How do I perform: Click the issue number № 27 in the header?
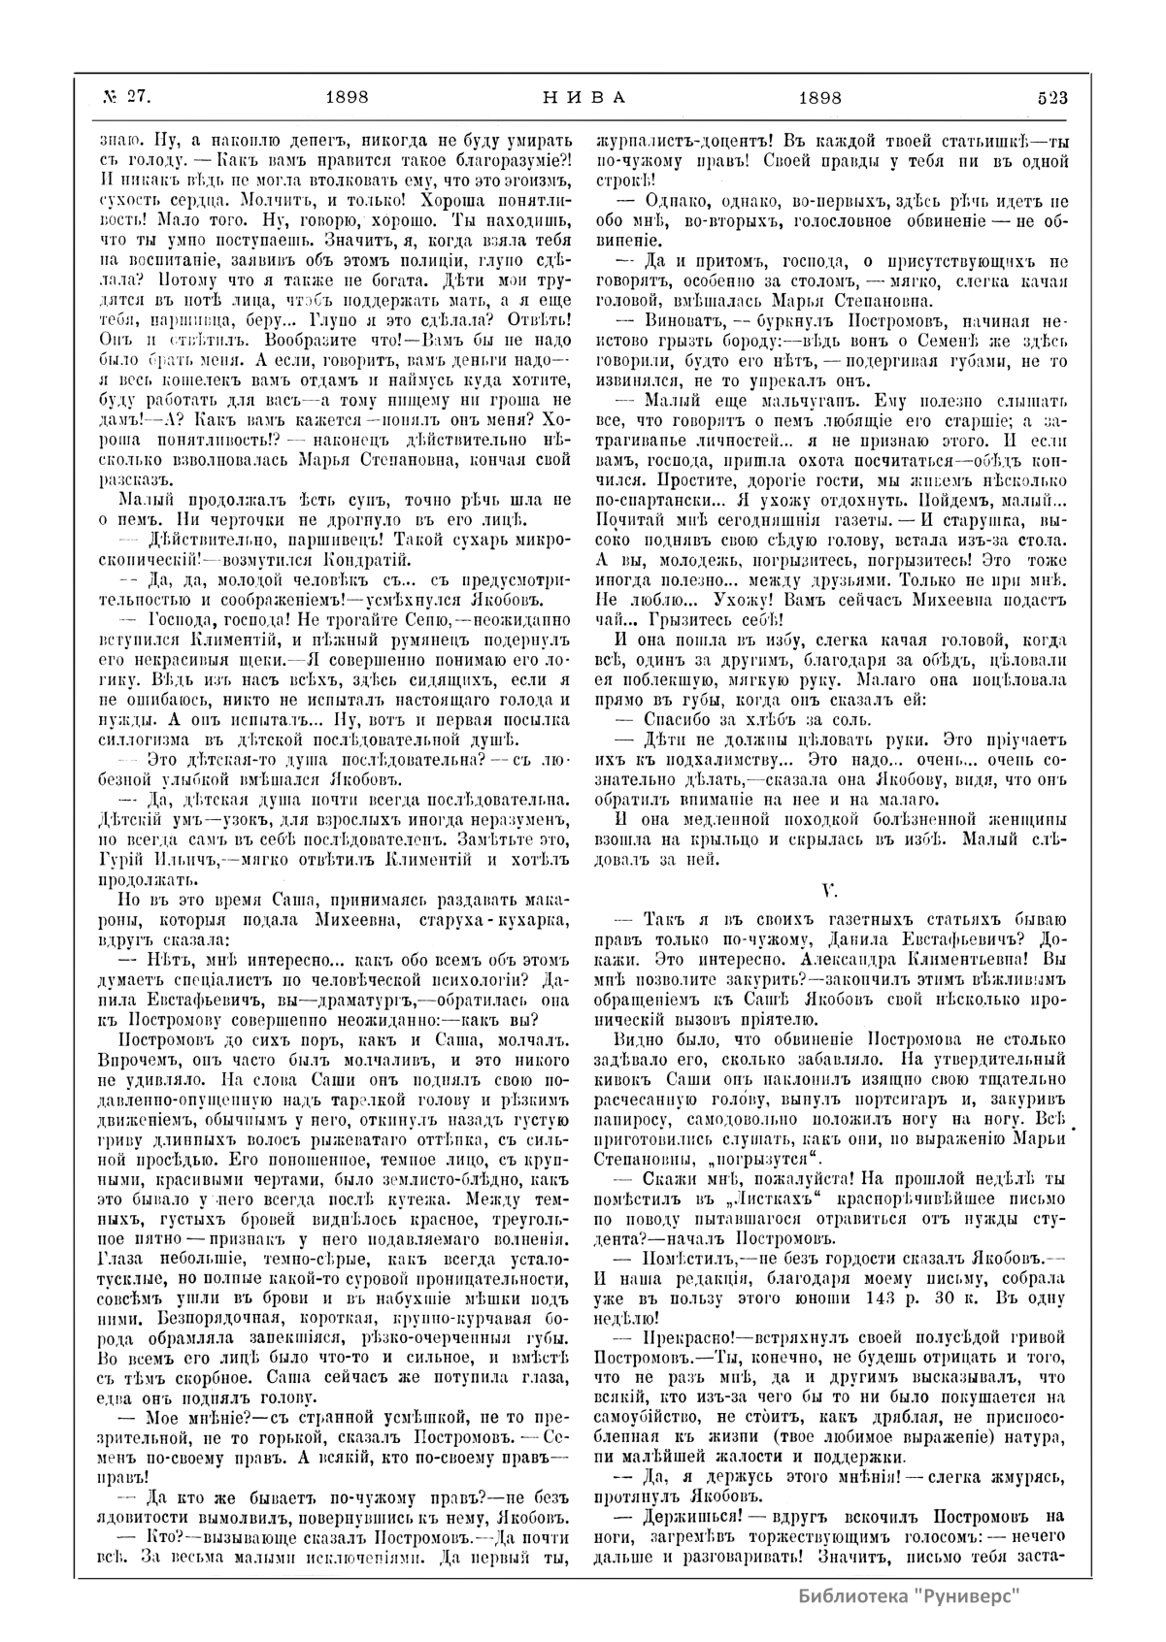coord(123,97)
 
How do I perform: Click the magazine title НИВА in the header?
coord(583,97)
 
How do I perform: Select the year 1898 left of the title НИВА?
coord(346,97)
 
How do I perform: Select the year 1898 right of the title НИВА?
coord(819,97)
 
